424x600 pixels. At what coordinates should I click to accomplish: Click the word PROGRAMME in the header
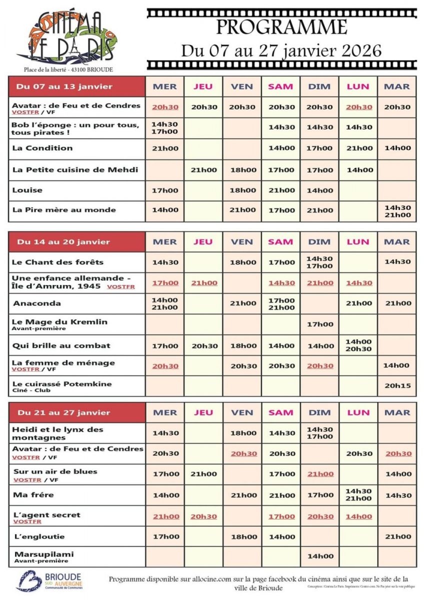pos(281,27)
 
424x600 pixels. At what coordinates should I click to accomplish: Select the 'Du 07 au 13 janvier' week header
pos(64,86)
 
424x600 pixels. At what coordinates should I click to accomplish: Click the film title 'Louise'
pos(27,190)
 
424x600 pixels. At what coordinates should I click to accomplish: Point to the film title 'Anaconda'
pos(37,303)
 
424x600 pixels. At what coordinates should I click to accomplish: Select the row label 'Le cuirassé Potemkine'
pos(62,384)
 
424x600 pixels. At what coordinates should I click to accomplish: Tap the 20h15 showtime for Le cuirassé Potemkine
pos(397,386)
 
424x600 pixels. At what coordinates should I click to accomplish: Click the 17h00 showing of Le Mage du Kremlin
pos(319,324)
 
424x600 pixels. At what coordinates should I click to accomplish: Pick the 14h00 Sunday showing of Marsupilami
pos(319,556)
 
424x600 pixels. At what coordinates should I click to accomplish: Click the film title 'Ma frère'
pos(34,495)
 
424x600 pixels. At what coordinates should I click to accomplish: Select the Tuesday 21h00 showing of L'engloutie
pos(397,536)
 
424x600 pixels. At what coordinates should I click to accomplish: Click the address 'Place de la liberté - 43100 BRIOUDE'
pos(68,69)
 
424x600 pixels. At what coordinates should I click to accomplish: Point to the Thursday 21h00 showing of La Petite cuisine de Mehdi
pos(203,170)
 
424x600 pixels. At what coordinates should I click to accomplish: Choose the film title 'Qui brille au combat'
pos(61,345)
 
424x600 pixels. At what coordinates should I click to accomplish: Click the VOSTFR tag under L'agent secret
pos(27,522)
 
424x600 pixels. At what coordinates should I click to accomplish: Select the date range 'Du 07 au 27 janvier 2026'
pos(281,50)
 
